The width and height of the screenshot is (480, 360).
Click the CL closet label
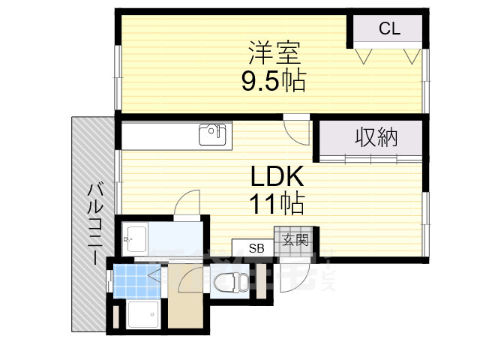coord(389,29)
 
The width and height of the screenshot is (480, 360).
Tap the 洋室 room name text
coord(274,53)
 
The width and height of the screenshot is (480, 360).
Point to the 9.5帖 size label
coord(273,79)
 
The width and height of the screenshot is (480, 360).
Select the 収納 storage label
coord(376,137)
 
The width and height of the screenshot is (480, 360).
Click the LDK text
coord(276,177)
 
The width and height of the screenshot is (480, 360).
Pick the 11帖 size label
coord(276,202)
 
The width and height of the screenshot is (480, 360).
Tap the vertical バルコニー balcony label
coord(94,221)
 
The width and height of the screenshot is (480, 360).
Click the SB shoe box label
coord(256,248)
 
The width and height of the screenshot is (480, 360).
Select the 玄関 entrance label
coord(295,240)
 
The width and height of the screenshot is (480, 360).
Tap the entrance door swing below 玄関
coord(289,277)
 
